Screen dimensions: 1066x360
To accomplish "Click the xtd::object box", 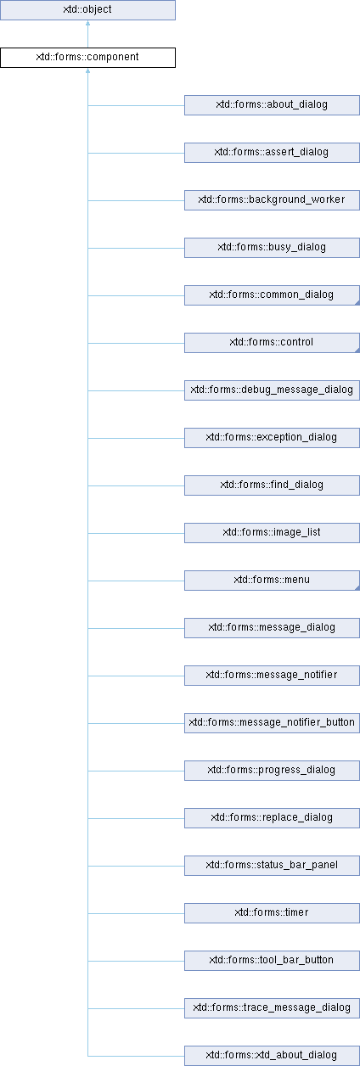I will [87, 10].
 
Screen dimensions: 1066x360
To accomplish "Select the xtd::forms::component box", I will [87, 58].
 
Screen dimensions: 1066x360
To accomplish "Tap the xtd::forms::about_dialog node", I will [272, 105].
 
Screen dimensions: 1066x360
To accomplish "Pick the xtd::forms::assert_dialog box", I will [272, 153].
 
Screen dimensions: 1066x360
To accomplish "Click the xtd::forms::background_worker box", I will [272, 200].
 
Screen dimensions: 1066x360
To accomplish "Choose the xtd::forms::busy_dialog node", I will [272, 248].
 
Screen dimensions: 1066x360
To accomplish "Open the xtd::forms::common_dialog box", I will [272, 295].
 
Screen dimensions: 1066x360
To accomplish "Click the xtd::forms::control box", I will [272, 343].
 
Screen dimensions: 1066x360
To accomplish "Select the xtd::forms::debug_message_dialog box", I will [272, 390].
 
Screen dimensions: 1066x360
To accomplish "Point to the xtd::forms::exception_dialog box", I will [272, 438].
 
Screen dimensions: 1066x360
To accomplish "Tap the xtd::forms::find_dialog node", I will [272, 485].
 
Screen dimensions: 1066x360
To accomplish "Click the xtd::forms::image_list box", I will [272, 533].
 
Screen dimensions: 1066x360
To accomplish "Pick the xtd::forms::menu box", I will [272, 581].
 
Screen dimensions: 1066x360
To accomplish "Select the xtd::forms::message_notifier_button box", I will [272, 723].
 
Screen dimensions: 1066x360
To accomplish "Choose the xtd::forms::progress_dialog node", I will [272, 771].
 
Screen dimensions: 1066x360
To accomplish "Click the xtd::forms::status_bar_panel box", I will [272, 866].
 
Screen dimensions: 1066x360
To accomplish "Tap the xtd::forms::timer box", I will [272, 913].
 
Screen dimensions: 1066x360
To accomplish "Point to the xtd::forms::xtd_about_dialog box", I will [272, 1056].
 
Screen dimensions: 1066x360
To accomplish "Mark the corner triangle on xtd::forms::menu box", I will [357, 587].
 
